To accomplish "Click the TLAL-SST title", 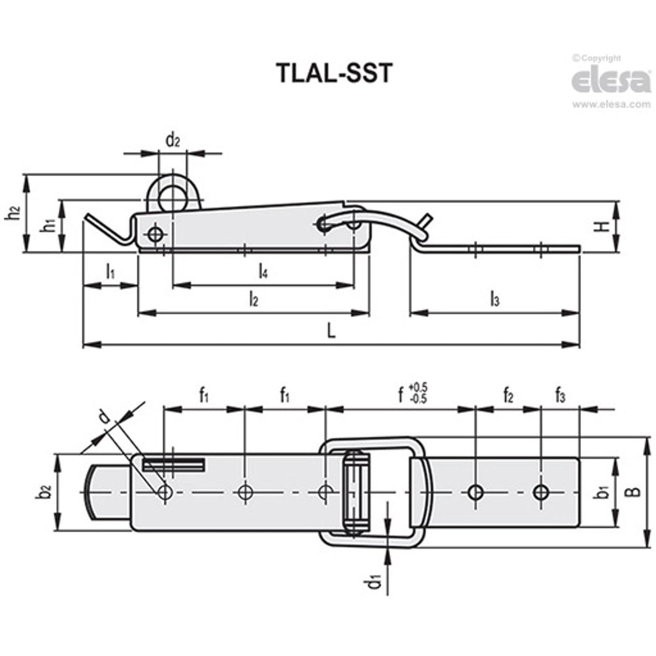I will [x=333, y=73].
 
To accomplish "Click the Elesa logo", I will [x=611, y=82].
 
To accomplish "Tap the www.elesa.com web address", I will [x=611, y=105].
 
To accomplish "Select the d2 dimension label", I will [x=172, y=142].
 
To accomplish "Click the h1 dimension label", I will [x=49, y=225].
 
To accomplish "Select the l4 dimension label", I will [x=263, y=271].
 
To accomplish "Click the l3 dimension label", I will [x=494, y=299].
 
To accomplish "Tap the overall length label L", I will [x=331, y=330].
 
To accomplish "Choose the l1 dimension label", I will [x=110, y=271].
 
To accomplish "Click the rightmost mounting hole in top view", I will [x=540, y=492].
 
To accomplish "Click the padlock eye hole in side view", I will [x=171, y=198].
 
